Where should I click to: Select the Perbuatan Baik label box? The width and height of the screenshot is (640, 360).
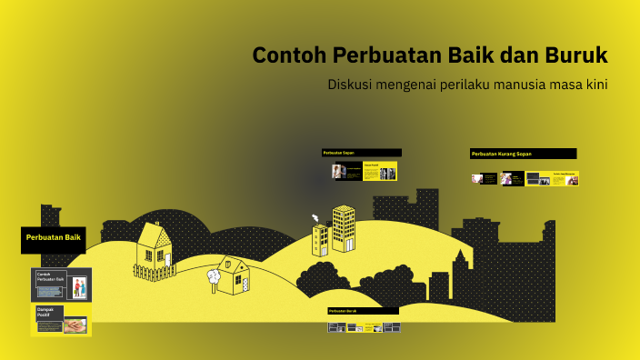coord(54,238)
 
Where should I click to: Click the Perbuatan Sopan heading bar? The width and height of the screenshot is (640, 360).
coord(361,153)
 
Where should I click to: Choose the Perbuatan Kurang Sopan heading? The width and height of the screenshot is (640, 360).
coord(523,154)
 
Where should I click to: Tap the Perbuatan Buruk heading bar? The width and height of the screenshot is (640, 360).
coord(363,311)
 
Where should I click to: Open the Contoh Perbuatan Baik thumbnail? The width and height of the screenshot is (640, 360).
coord(61,285)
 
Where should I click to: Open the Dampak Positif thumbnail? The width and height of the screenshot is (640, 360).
coord(61,319)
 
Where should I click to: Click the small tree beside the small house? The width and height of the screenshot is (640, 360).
coord(215,275)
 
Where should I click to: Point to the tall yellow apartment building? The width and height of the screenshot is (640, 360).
coord(343,228)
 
